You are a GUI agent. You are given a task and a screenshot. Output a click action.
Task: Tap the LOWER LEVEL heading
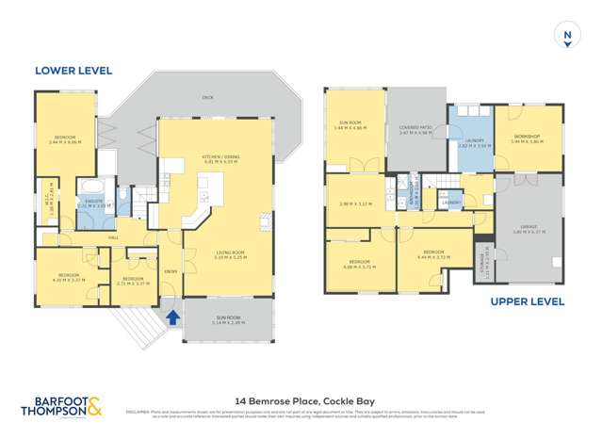[x=73, y=70]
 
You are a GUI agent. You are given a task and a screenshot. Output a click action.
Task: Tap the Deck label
[x=207, y=96]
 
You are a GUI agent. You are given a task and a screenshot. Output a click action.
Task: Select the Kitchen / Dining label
[x=217, y=157]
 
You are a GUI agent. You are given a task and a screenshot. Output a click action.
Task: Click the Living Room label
[x=218, y=252]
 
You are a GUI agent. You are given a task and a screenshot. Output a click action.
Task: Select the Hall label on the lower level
[x=113, y=238]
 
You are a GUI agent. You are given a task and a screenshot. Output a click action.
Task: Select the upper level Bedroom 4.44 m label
[x=433, y=253]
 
